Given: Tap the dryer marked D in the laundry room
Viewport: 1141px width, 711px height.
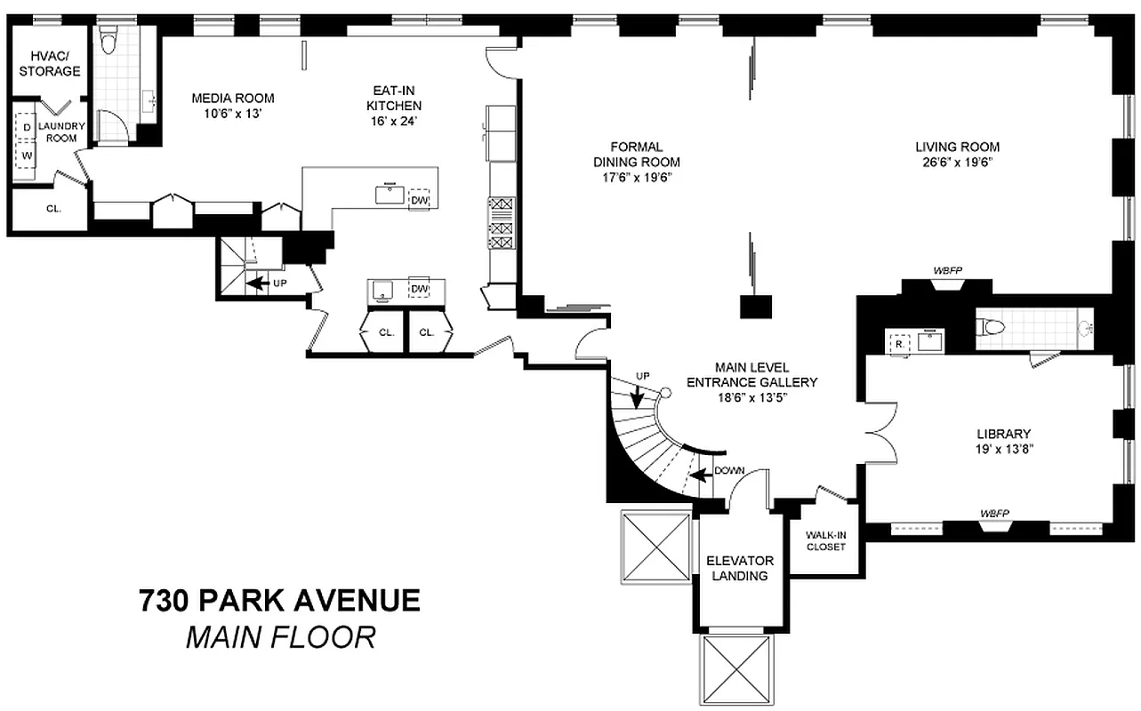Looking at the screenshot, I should pos(28,128).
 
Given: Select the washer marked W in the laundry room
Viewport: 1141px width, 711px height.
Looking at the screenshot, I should pos(28,156).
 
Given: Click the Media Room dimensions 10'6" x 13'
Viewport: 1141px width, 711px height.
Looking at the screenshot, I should pos(233,113).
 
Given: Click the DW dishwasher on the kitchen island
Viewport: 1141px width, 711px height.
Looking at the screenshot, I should pos(418,200).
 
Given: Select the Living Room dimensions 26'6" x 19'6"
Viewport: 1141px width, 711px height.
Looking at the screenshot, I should pos(957,162).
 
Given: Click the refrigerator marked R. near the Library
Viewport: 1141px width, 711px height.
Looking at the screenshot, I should pos(898,342).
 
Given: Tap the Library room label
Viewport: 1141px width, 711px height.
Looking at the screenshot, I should pos(1003,434).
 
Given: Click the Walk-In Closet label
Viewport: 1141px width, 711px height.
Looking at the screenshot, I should pos(825,540).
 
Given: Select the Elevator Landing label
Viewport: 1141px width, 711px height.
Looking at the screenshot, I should pos(740,568).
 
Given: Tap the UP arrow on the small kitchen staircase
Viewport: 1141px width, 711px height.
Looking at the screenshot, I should pos(258,284).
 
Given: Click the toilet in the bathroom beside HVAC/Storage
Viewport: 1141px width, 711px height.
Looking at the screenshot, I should pos(108,41).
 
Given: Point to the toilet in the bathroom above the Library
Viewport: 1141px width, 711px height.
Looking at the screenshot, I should pos(989,328).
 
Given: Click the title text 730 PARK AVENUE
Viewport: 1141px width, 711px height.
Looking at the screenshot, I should pos(278,601).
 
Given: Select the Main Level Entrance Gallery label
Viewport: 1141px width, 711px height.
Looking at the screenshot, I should pos(752,382).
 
